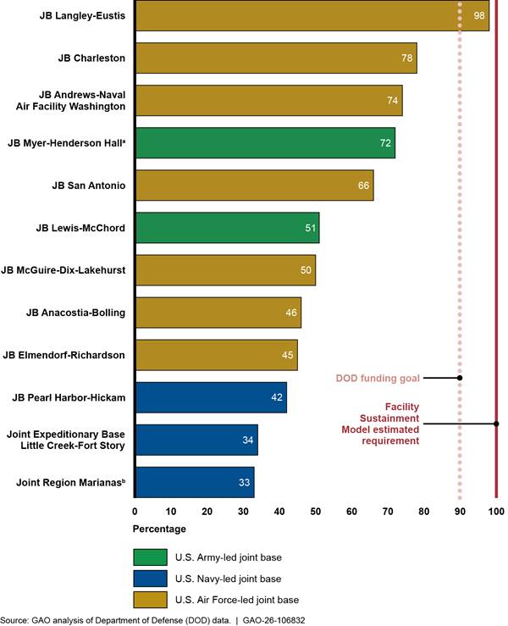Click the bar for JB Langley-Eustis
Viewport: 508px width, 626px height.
312,15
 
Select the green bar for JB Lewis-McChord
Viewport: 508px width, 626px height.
227,228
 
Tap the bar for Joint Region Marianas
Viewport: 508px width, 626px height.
195,482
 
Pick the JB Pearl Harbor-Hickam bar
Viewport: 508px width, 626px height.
211,397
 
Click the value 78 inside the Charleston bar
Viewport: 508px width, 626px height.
407,58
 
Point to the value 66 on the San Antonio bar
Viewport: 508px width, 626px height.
364,186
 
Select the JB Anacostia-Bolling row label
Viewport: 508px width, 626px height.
75,313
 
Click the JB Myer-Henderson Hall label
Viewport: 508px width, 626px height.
67,143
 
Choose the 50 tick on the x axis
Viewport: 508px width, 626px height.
316,512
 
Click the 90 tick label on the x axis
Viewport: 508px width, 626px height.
460,512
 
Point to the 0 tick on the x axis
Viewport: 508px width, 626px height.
135,512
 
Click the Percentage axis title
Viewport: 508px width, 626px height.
159,529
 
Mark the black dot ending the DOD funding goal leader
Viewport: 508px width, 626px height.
460,378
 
